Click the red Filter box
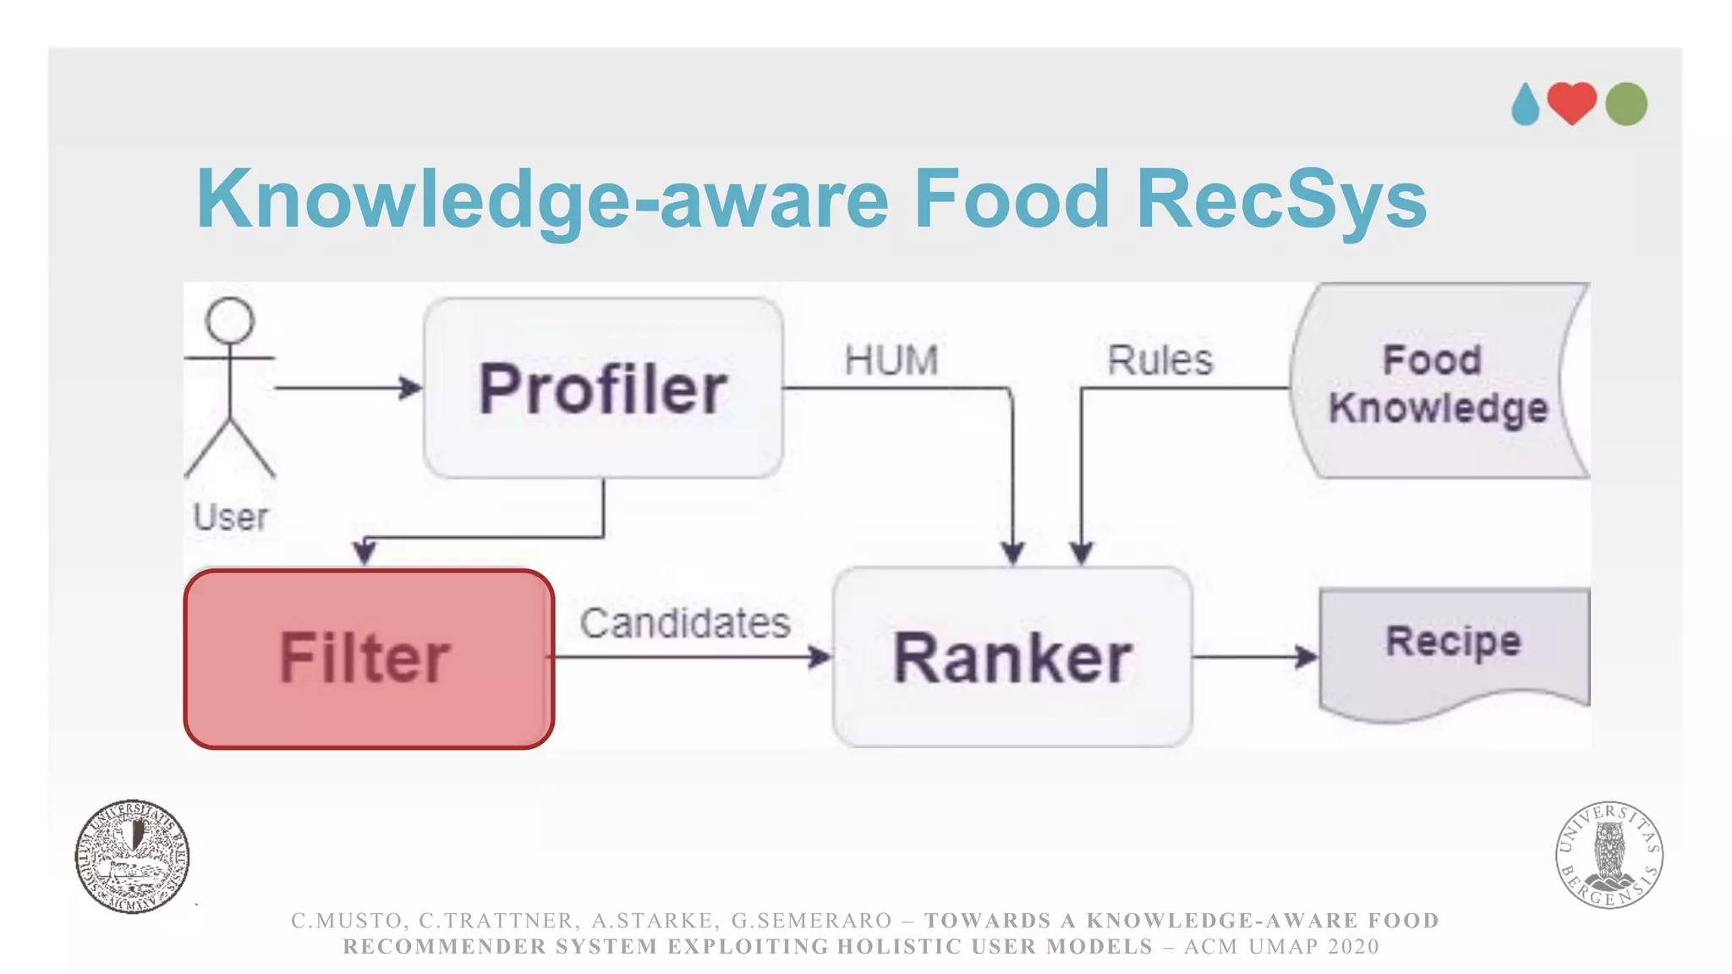point(369,659)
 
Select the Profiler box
point(603,388)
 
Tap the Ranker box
point(1012,657)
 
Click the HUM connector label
point(891,360)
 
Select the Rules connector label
point(1159,360)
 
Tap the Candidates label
point(684,623)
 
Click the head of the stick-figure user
point(230,321)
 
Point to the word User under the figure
point(230,517)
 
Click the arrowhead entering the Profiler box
point(412,388)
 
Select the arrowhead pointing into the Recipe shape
point(1307,656)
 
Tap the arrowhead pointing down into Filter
point(364,553)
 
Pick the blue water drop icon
point(1526,105)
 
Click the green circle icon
point(1625,104)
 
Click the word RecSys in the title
point(1280,200)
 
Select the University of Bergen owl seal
point(1609,854)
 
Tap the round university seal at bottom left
point(132,856)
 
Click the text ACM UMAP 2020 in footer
point(1281,946)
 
